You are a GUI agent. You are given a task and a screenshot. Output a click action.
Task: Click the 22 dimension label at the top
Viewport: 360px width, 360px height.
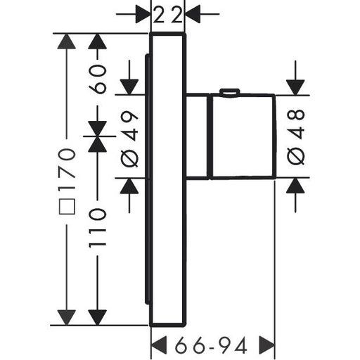(x=168, y=15)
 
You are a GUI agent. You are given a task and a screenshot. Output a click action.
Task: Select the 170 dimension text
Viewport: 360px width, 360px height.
(x=67, y=170)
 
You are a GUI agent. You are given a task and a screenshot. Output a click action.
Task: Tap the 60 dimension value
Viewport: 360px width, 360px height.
(x=98, y=79)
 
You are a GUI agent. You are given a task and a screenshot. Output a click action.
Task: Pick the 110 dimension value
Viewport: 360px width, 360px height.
(x=98, y=227)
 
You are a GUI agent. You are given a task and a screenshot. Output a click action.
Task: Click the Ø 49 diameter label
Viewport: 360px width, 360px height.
(x=129, y=139)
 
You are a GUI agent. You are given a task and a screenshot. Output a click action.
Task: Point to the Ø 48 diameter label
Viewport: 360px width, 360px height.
(x=296, y=137)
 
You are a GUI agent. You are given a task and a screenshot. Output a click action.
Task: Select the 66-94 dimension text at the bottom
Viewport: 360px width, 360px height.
(x=211, y=345)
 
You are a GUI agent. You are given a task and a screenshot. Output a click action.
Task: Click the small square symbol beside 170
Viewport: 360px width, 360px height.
(x=67, y=207)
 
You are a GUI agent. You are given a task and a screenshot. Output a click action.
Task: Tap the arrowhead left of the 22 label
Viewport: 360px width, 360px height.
(x=143, y=14)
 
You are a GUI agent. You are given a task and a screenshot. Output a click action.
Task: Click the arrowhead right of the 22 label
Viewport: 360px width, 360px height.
(x=193, y=14)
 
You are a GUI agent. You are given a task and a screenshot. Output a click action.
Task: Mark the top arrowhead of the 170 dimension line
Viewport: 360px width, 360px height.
(x=67, y=41)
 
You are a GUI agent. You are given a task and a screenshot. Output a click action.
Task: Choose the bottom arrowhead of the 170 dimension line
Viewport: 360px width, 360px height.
(x=67, y=317)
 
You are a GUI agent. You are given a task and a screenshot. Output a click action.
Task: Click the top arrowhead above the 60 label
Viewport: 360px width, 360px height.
(x=98, y=41)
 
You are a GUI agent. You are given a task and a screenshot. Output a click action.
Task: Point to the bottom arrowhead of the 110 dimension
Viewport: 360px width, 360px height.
(x=98, y=317)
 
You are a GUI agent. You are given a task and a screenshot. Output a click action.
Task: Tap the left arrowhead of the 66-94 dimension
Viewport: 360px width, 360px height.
(x=159, y=345)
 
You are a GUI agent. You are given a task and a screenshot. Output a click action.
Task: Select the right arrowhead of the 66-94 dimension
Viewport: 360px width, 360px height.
(x=266, y=345)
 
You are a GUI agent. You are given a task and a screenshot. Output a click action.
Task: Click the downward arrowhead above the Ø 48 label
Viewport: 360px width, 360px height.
(x=295, y=87)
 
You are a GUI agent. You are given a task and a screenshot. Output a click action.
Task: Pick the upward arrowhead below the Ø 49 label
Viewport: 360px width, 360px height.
(x=129, y=186)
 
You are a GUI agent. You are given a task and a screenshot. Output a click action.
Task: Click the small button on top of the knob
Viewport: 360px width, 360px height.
(x=229, y=92)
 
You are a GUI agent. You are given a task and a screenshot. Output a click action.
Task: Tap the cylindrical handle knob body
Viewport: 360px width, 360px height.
(x=243, y=136)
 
